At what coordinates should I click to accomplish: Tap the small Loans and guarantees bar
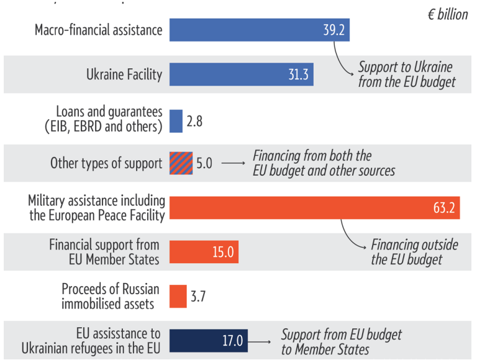click(176, 121)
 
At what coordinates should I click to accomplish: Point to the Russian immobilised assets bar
click(178, 296)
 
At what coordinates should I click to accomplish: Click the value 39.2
click(332, 30)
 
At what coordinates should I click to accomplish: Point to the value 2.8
click(194, 121)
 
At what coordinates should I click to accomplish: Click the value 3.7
click(198, 296)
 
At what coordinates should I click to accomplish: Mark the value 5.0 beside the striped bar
click(204, 163)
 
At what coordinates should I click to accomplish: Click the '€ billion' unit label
click(447, 14)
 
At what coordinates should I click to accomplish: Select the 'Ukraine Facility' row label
click(124, 74)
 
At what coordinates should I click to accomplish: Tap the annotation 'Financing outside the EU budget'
click(414, 252)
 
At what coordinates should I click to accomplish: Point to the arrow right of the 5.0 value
click(233, 163)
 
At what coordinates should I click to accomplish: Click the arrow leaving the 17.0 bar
click(261, 341)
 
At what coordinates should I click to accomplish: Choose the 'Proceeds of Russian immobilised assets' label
click(111, 296)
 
